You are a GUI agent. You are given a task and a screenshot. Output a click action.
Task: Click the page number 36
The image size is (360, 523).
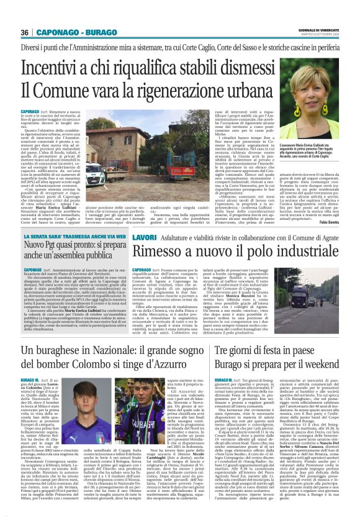tap(25, 32)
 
